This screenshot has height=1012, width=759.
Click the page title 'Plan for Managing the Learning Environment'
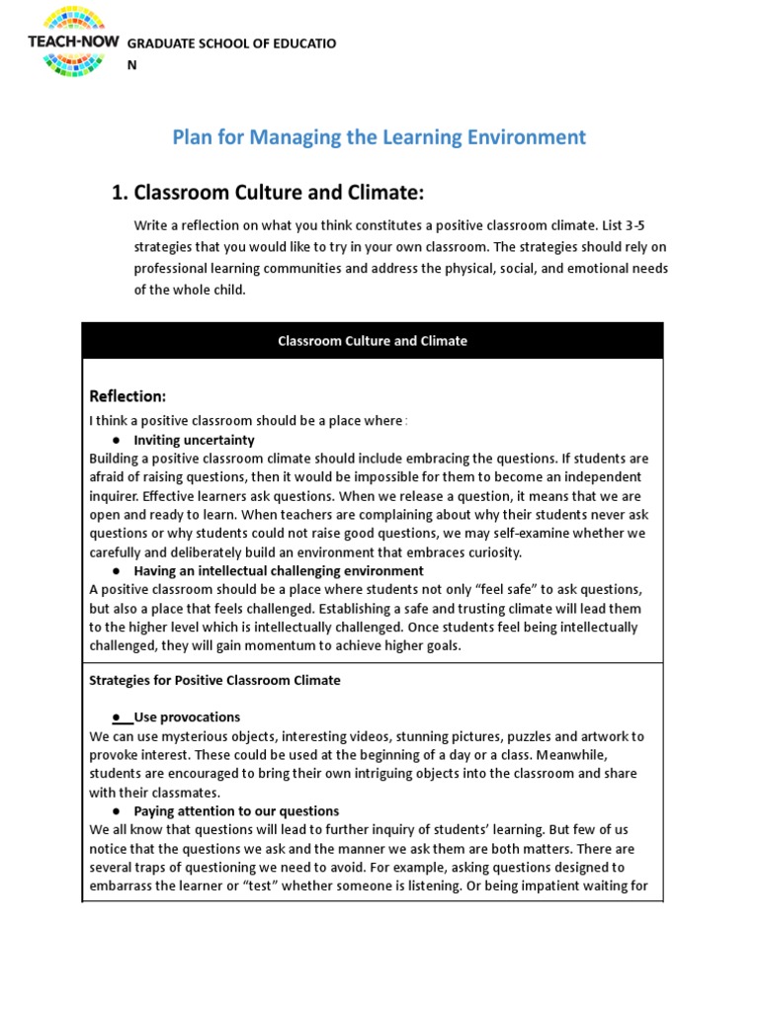379,137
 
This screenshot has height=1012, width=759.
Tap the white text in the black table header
373,341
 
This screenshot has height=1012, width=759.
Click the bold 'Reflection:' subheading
127,396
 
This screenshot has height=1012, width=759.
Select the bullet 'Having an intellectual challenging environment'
279,571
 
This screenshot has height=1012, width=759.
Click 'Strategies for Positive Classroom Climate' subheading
214,680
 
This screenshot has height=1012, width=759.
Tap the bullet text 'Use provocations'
187,717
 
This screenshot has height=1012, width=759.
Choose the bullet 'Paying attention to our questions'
236,811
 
